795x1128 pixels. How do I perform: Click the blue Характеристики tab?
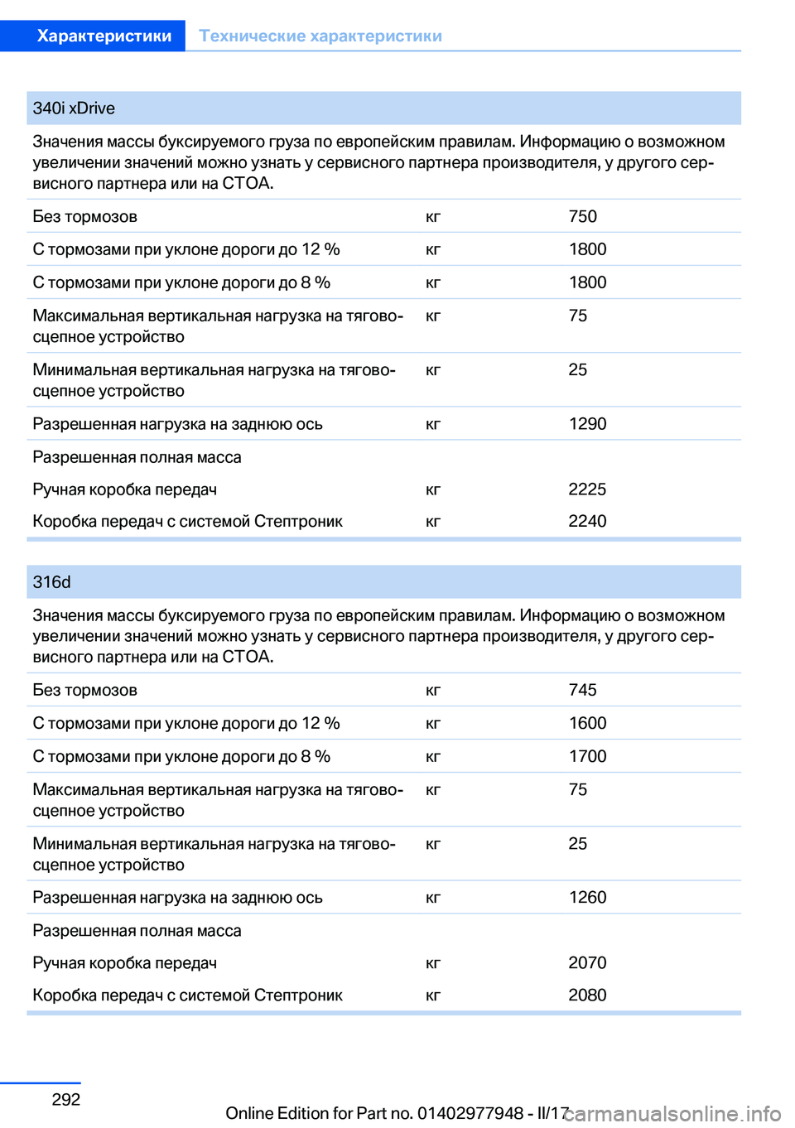pyautogui.click(x=104, y=36)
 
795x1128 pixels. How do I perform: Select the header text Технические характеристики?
pyautogui.click(x=320, y=36)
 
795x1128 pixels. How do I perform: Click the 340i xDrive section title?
pyautogui.click(x=74, y=108)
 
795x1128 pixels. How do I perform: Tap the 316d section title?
pyautogui.click(x=51, y=582)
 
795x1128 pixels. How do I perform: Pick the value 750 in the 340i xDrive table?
pyautogui.click(x=582, y=216)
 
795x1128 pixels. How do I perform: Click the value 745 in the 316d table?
pyautogui.click(x=582, y=690)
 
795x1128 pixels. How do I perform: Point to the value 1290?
pyautogui.click(x=587, y=424)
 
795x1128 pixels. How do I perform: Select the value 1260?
pyautogui.click(x=587, y=898)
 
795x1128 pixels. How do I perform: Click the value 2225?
pyautogui.click(x=587, y=489)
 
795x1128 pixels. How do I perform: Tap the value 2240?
pyautogui.click(x=587, y=522)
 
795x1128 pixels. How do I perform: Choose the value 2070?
pyautogui.click(x=587, y=963)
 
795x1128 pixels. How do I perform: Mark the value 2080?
pyautogui.click(x=587, y=995)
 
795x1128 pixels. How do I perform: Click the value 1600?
pyautogui.click(x=587, y=723)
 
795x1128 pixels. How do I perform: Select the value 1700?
pyautogui.click(x=587, y=756)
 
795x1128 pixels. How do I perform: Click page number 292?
pyautogui.click(x=66, y=1100)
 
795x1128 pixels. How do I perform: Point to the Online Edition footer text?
pyautogui.click(x=396, y=1113)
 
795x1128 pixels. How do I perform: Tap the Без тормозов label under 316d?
pyautogui.click(x=84, y=690)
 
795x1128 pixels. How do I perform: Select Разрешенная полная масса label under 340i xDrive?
pyautogui.click(x=137, y=457)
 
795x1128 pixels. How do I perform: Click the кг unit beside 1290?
pyautogui.click(x=433, y=425)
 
